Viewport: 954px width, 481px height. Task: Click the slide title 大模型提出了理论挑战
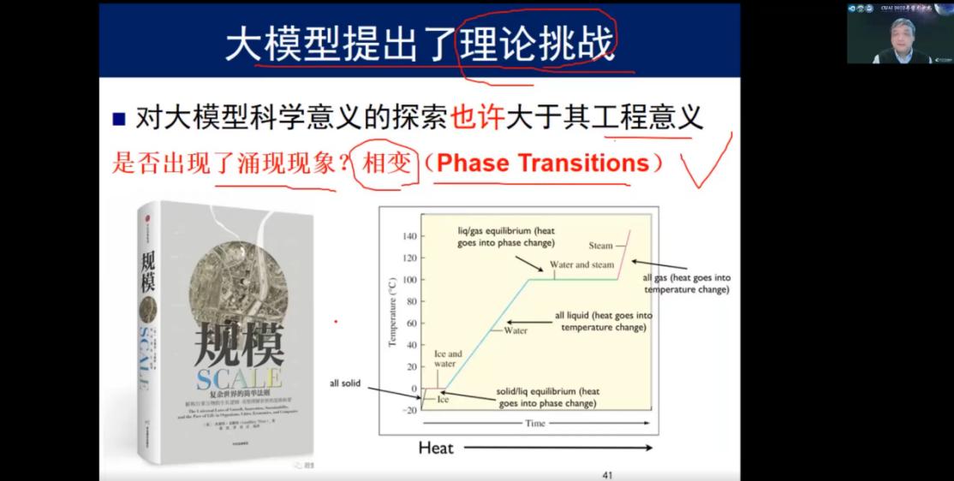pyautogui.click(x=420, y=43)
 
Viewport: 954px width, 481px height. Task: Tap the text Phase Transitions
pyautogui.click(x=543, y=163)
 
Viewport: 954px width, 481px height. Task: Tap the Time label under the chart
pyautogui.click(x=534, y=423)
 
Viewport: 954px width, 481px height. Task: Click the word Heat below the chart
pyautogui.click(x=436, y=448)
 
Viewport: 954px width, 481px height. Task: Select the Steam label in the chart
pyautogui.click(x=600, y=246)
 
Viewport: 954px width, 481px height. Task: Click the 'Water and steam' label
pyautogui.click(x=581, y=264)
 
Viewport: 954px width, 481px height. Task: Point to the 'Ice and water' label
pyautogui.click(x=448, y=359)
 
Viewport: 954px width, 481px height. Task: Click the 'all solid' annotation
pyautogui.click(x=345, y=383)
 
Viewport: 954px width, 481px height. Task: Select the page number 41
pyautogui.click(x=608, y=474)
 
